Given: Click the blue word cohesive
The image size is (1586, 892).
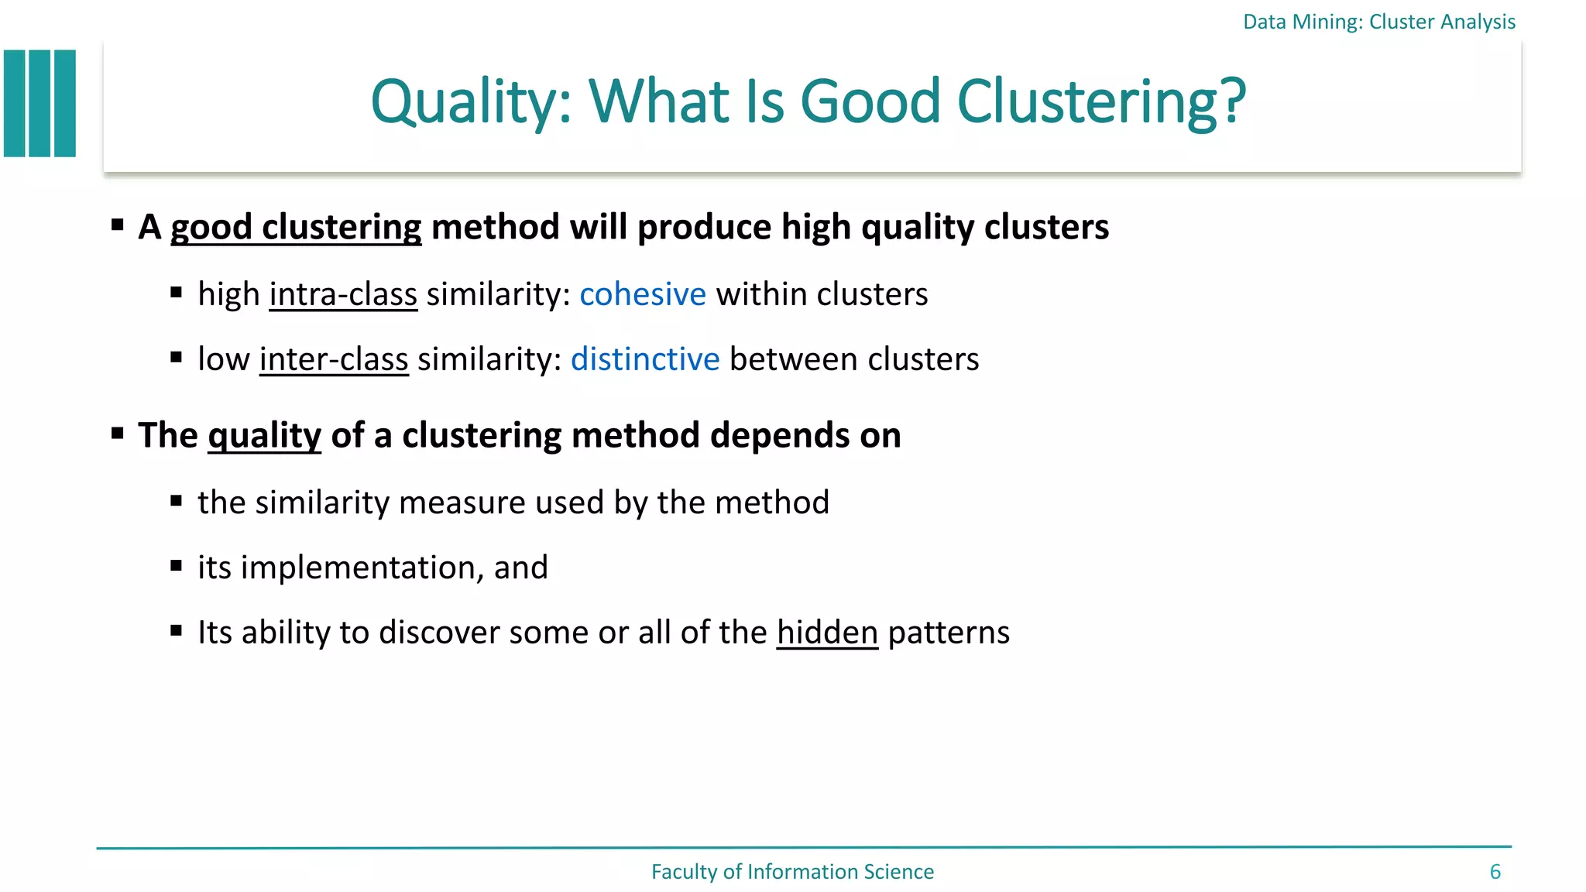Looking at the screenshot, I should coord(642,294).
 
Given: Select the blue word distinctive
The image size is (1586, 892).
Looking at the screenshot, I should coord(645,359).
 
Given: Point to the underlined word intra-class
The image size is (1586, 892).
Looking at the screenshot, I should coord(343,294).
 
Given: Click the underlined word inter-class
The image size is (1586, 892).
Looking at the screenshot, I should coord(334,359).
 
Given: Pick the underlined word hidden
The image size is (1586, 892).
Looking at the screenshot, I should coord(827,633).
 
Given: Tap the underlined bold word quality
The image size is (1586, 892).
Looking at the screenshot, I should coord(264,435).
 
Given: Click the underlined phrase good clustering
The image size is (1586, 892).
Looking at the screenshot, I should coord(296,227).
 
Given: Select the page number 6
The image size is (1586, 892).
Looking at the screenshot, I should coord(1495,872).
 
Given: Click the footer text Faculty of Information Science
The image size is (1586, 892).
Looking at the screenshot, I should coord(792,872).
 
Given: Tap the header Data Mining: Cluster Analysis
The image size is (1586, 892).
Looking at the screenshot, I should coord(1378,22).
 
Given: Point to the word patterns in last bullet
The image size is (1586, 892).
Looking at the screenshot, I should coord(949,633).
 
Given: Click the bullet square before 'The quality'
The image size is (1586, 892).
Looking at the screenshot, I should coord(118,433).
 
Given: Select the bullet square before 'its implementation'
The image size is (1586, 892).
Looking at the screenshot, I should coord(177,566).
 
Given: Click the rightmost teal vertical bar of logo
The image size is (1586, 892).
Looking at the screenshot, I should coord(65,104).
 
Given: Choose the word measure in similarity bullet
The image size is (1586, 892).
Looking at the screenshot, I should coord(462,503).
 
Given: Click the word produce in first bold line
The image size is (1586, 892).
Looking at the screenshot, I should coord(704,227).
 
